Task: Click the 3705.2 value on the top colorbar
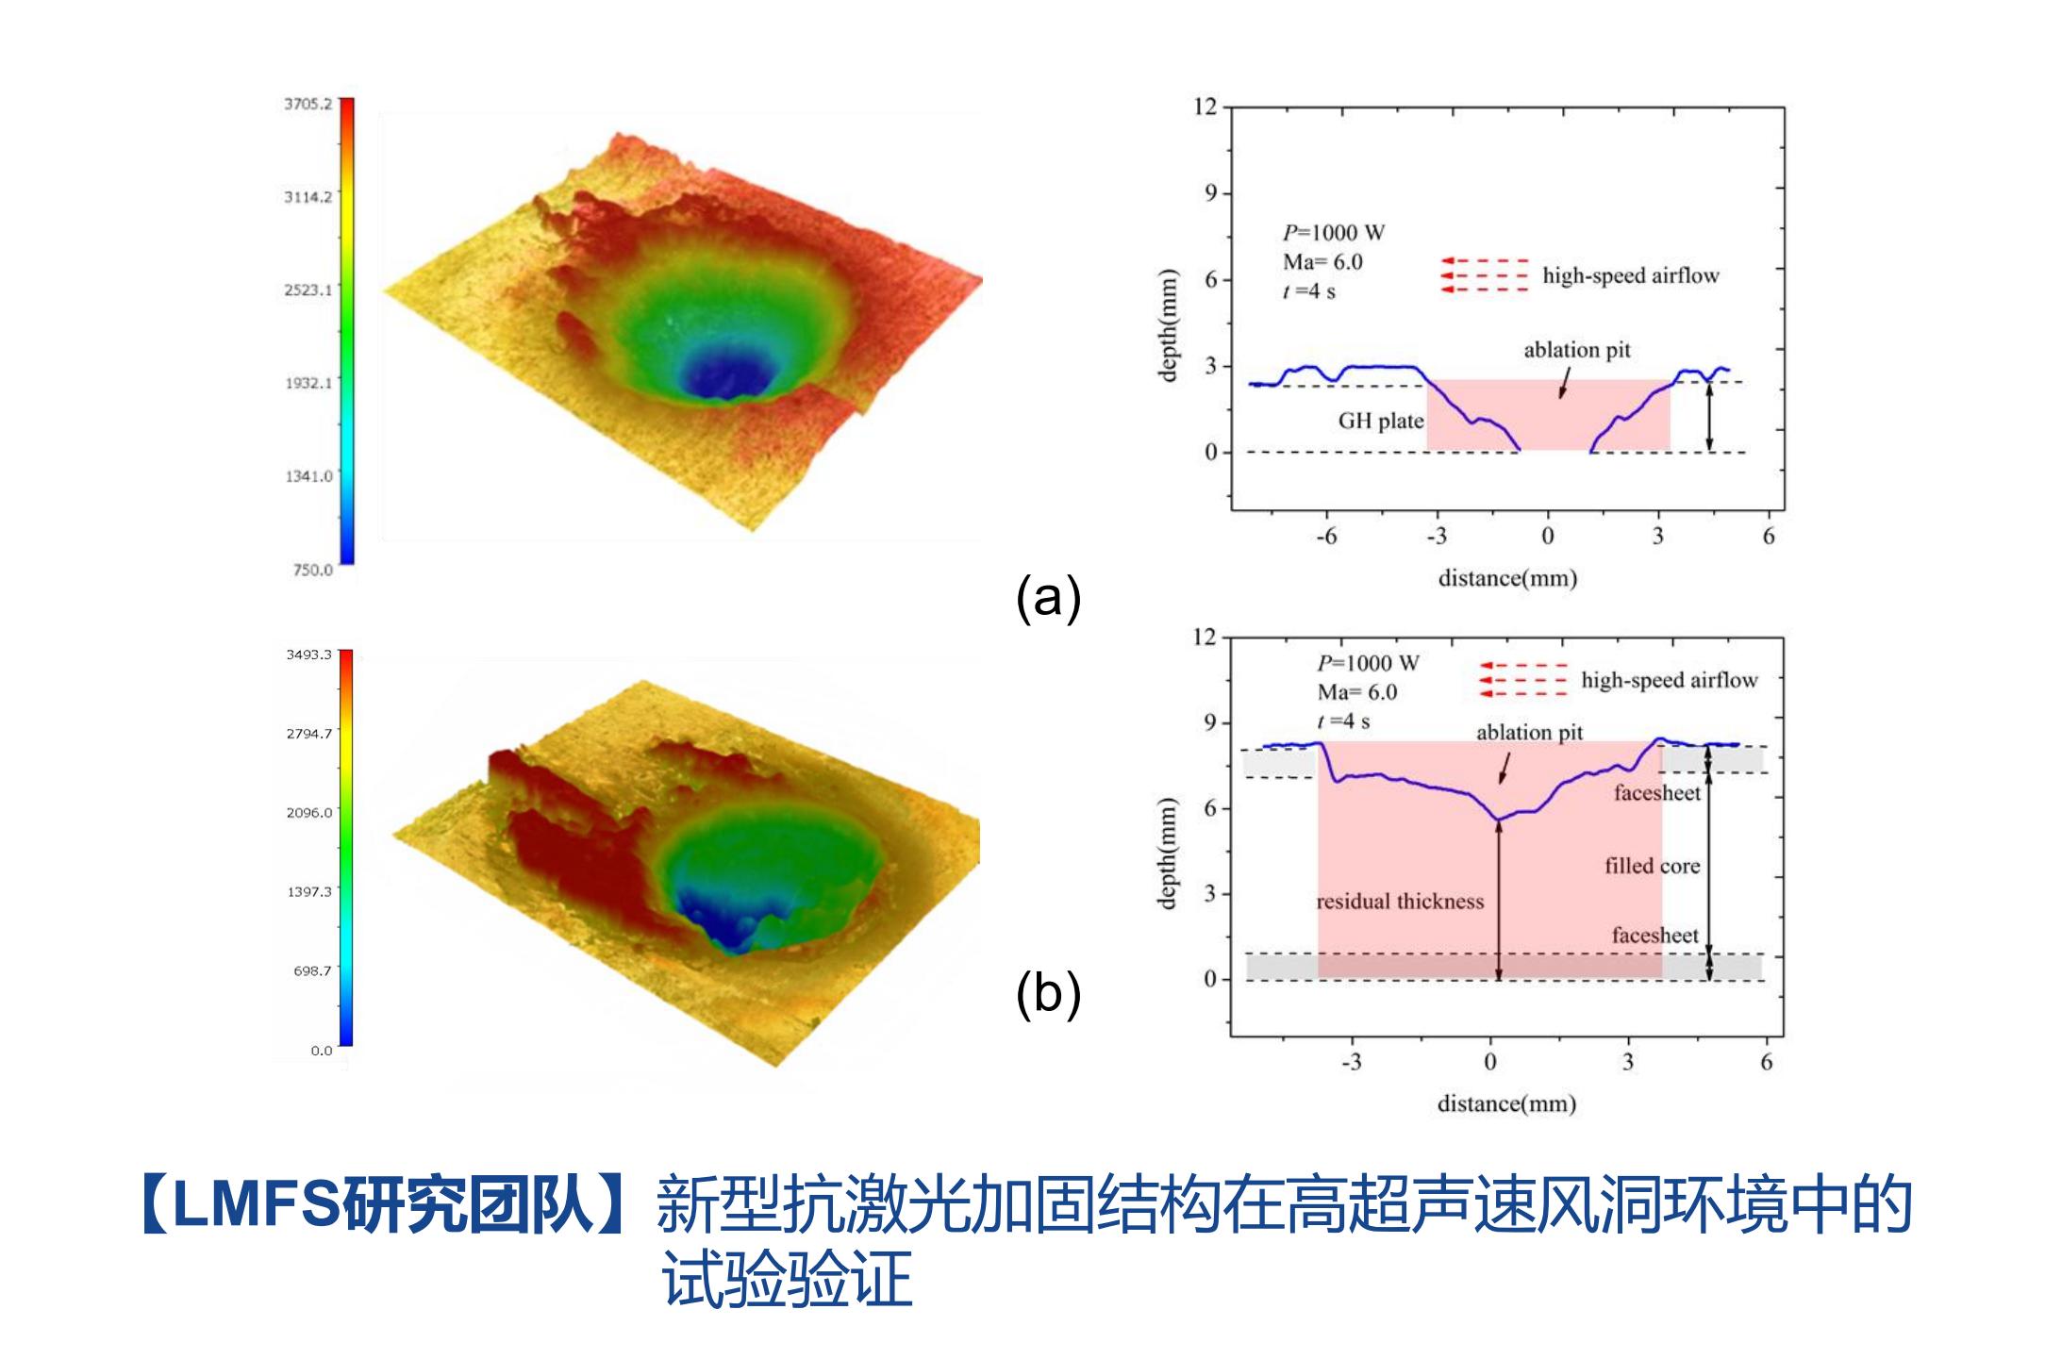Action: tap(308, 103)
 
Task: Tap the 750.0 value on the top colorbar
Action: tap(312, 570)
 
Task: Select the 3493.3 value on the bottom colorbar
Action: tap(308, 655)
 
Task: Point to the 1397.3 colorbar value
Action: tap(308, 891)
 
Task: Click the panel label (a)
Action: tap(1048, 597)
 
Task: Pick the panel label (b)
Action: tap(1048, 994)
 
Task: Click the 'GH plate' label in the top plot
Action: tap(1381, 421)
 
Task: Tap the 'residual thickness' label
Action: tap(1400, 902)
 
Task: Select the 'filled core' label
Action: tap(1652, 866)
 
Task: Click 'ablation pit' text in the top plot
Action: tap(1577, 350)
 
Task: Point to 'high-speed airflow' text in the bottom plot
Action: tap(1670, 680)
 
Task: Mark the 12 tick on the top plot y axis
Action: tap(1205, 106)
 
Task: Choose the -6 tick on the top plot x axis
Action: tap(1326, 537)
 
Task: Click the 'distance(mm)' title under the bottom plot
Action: tap(1506, 1103)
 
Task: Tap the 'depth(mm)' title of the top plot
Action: tap(1170, 325)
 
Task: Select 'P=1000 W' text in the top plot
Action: tap(1334, 233)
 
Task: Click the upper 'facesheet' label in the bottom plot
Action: tap(1656, 792)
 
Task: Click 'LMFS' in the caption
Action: tap(256, 1206)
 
